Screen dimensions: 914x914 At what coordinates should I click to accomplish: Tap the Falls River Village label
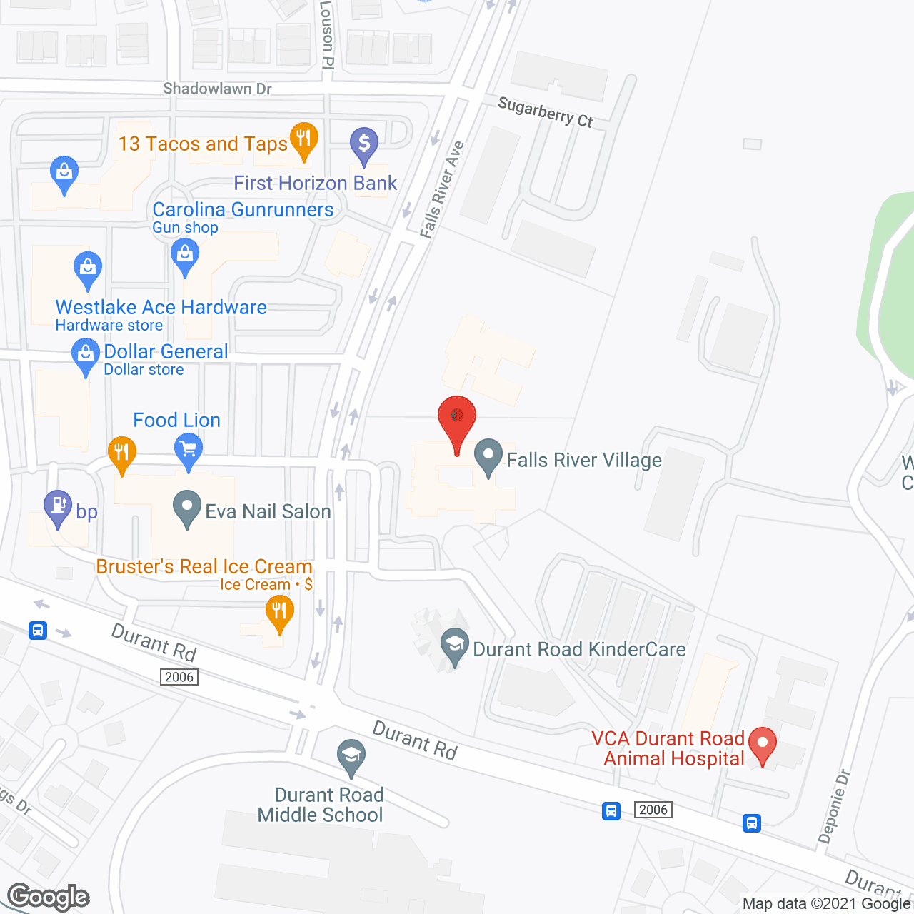point(583,461)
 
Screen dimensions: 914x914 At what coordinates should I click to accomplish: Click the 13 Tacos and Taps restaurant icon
point(303,139)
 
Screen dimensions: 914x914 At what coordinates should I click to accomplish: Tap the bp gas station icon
point(58,508)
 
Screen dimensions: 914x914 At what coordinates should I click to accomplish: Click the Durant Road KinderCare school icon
point(455,646)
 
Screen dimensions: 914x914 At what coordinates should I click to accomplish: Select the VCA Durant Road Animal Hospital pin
point(763,744)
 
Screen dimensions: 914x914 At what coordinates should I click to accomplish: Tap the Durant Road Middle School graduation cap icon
point(351,757)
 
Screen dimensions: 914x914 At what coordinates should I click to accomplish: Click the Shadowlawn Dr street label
point(217,89)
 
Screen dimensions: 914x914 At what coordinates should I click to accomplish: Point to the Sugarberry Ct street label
point(545,112)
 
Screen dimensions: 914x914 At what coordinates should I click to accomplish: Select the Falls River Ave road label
point(441,190)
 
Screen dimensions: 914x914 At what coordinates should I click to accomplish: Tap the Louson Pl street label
point(327,34)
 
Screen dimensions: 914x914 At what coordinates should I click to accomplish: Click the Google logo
point(49,897)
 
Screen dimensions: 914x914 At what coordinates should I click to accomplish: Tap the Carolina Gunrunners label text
point(243,209)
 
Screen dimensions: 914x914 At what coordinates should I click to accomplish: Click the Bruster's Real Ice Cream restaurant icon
point(279,613)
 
